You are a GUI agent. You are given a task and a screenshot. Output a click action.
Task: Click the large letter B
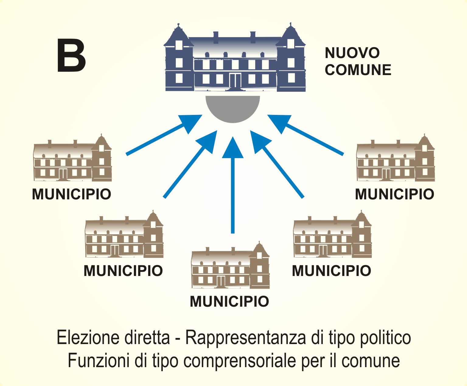[x=71, y=56]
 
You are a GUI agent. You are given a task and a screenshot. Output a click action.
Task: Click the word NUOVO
[x=352, y=53]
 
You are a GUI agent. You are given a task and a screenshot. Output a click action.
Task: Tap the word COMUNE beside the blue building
[x=358, y=70]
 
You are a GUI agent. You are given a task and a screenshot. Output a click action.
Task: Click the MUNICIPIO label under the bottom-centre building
[x=229, y=302]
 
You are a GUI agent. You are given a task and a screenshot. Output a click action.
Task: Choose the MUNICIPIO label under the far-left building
[x=71, y=194]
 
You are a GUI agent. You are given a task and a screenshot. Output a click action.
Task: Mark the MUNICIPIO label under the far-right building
[x=394, y=194]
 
